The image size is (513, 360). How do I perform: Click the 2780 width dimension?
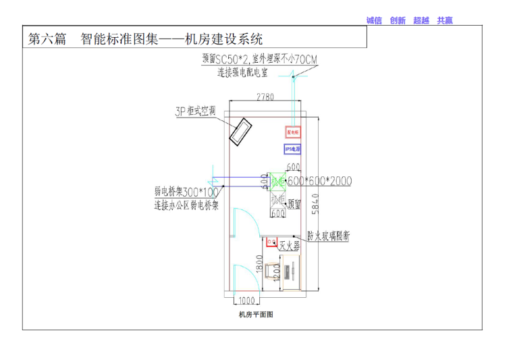(265, 97)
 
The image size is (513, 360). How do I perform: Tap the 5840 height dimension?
(325, 203)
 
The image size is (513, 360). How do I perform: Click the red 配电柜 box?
(292, 132)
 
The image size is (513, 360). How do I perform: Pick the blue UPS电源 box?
(292, 148)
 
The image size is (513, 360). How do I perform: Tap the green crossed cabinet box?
(277, 182)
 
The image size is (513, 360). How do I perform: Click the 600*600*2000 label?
(319, 182)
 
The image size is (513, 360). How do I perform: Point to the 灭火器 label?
(289, 247)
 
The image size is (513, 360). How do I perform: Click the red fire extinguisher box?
(271, 241)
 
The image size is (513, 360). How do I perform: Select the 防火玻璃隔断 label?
(328, 236)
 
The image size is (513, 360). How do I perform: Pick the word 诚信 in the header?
(374, 20)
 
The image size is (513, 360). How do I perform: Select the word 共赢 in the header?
(445, 20)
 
